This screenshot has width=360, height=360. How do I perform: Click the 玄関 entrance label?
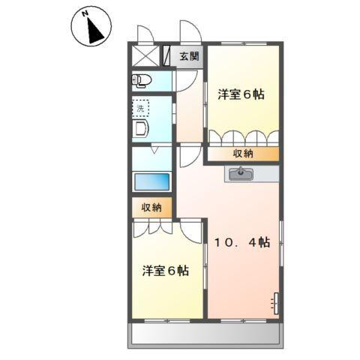tap(189, 56)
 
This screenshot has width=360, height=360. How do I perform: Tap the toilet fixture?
tap(142, 80)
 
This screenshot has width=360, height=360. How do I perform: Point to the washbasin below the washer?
tap(142, 130)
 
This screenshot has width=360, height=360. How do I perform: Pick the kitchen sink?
tap(241, 175)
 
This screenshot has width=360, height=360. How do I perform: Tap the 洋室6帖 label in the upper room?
tap(241, 95)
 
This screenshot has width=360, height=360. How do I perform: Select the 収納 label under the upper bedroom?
tap(241, 154)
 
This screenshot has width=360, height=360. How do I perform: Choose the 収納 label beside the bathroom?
tap(151, 208)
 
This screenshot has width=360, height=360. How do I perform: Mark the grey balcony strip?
tap(205, 332)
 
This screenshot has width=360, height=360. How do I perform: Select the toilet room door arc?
tap(184, 81)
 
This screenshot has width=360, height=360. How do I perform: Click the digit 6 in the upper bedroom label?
tap(249, 95)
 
